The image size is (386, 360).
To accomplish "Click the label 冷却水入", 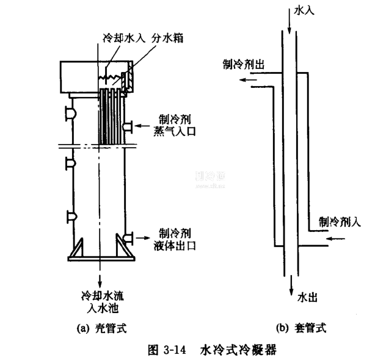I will click(122, 38).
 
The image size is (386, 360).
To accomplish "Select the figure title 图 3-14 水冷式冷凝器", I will click(207, 350).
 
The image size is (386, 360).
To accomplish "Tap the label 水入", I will click(304, 10).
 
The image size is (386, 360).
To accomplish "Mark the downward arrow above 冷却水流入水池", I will click(99, 273).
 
